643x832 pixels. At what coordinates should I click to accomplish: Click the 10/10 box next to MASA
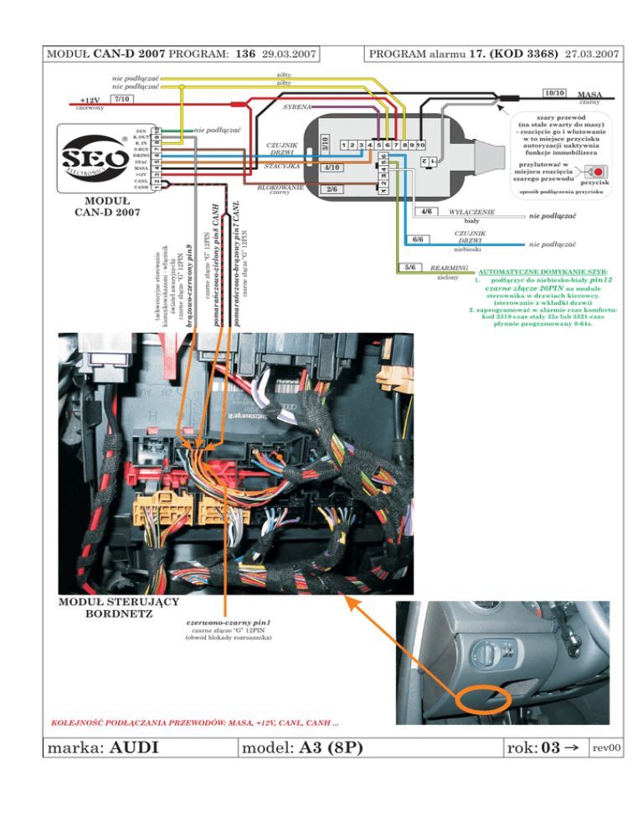[x=554, y=93]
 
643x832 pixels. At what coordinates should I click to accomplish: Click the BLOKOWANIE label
[x=280, y=187]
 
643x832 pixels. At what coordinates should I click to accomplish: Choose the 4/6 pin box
[x=426, y=213]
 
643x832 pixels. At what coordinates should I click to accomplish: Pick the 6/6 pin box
[x=419, y=239]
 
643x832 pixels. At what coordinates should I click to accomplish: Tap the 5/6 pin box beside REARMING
[x=411, y=267]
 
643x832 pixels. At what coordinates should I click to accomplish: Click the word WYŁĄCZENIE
[x=472, y=213]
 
